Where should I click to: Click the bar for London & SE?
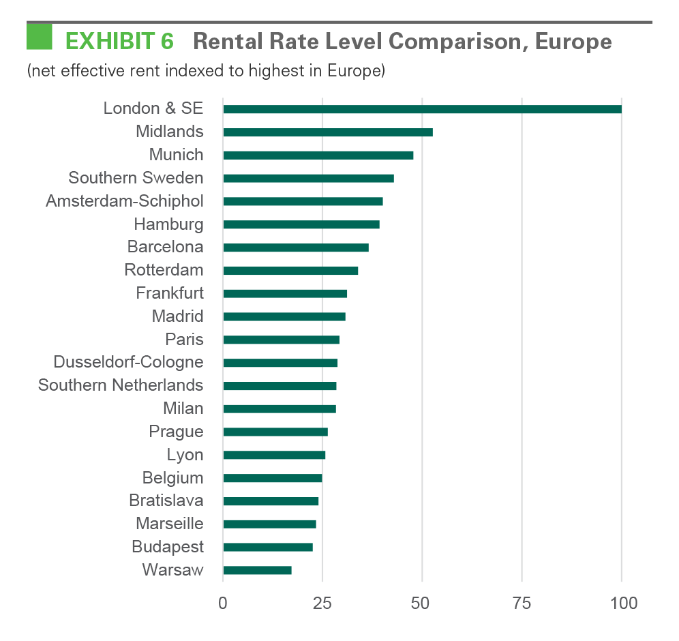tap(422, 109)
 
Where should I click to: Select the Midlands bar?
tap(328, 132)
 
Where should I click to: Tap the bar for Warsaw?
tap(257, 570)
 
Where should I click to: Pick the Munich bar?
tap(318, 155)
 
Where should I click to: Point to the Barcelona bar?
tap(296, 248)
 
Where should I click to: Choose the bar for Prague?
tap(275, 432)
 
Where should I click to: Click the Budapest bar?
tap(268, 547)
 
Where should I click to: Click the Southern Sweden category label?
tap(136, 178)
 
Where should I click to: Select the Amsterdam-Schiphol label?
tap(124, 201)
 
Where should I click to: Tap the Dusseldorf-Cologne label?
tap(128, 362)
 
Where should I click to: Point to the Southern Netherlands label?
tap(121, 385)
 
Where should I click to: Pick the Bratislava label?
tap(166, 501)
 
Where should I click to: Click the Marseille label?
tap(170, 524)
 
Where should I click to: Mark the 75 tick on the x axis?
tap(522, 603)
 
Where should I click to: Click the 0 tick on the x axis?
tap(223, 603)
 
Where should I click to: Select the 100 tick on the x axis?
tap(622, 603)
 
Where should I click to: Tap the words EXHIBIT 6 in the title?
tap(119, 42)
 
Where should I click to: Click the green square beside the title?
tap(40, 37)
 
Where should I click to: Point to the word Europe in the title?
tap(573, 42)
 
